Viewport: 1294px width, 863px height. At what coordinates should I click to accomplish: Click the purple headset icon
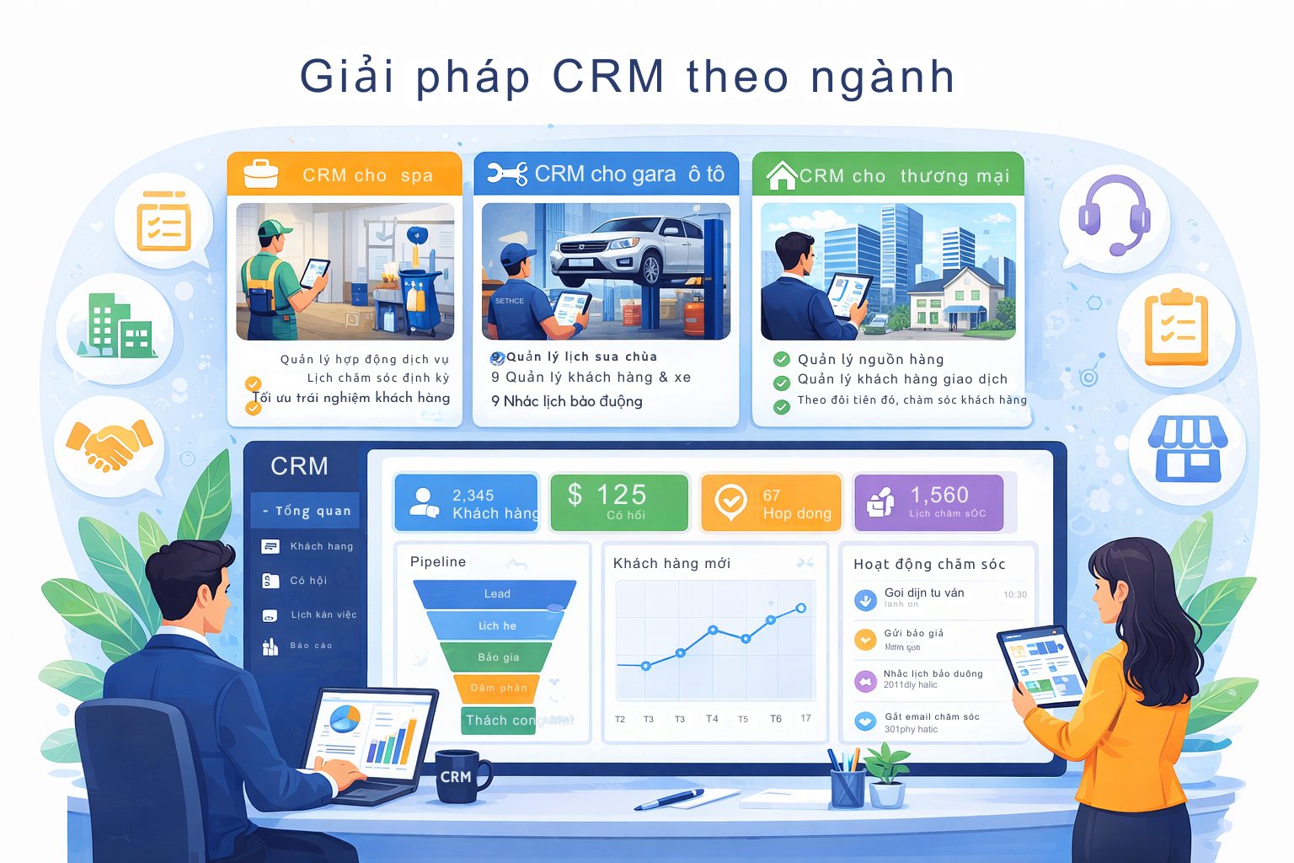[1114, 216]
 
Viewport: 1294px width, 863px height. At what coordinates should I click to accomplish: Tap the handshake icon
[109, 445]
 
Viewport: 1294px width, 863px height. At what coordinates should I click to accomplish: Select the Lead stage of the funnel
[496, 594]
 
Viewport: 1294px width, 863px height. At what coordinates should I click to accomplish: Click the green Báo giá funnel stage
[498, 657]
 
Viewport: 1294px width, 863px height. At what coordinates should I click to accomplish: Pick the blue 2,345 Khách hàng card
[466, 503]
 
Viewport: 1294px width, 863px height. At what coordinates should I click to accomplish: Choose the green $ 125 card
[619, 503]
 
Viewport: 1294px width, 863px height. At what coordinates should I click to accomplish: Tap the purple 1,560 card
[929, 503]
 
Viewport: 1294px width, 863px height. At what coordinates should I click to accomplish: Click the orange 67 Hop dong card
[771, 503]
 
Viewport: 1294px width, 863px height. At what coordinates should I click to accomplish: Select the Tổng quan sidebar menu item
[306, 511]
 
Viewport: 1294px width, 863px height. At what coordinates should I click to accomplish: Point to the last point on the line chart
[801, 608]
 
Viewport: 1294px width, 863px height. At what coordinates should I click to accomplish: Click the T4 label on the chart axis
[712, 719]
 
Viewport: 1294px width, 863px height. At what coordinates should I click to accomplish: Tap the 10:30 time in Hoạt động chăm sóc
[1014, 595]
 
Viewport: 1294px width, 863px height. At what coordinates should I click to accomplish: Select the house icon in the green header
[781, 175]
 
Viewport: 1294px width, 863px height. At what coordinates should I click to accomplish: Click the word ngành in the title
[882, 77]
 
